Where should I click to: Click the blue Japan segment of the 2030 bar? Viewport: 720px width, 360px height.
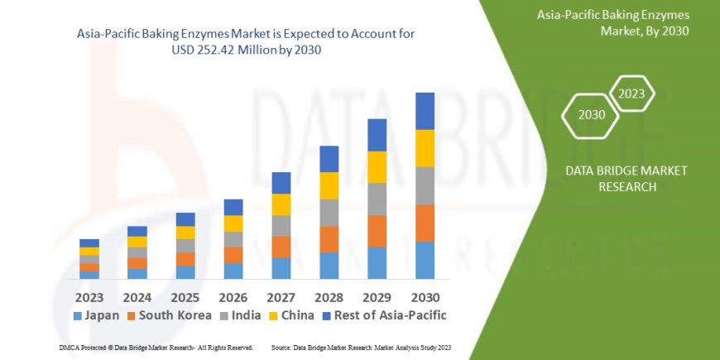[x=425, y=260]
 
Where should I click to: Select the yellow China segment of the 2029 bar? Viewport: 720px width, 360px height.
[x=377, y=167]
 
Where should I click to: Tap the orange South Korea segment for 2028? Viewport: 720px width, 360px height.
[x=329, y=239]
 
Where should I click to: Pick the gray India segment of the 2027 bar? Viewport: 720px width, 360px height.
[x=281, y=226]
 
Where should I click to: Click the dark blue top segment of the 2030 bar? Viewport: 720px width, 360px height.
[x=425, y=111]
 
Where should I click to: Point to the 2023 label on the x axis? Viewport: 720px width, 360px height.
[x=89, y=296]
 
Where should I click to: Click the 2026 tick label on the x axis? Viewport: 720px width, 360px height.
[x=233, y=296]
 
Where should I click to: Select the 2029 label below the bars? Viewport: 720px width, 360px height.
[x=377, y=296]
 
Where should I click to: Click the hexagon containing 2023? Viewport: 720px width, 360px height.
[x=632, y=94]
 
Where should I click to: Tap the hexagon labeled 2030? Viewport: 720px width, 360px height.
[x=591, y=115]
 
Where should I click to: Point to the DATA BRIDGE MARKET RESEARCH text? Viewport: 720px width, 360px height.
[x=613, y=178]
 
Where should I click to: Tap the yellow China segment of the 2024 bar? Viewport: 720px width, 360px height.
[x=137, y=242]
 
